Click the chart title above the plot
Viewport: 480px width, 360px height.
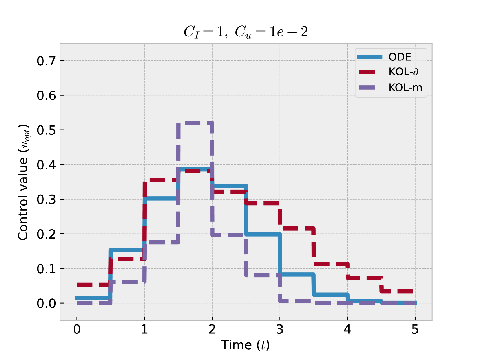[x=245, y=32]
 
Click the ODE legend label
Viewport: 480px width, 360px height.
[x=400, y=57]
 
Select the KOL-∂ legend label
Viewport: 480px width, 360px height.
[x=403, y=72]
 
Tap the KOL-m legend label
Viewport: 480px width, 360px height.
[x=405, y=87]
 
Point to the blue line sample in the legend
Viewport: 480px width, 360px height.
[x=370, y=57]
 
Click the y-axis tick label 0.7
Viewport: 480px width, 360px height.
[x=46, y=61]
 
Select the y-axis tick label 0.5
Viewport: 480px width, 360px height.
[x=46, y=130]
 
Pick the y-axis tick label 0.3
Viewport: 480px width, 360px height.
[x=46, y=200]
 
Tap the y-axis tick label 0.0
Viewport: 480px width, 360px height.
[x=46, y=303]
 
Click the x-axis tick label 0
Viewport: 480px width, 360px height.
[x=77, y=329]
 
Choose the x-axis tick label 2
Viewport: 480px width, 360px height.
[x=212, y=329]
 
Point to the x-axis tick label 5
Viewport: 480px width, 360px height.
[x=415, y=329]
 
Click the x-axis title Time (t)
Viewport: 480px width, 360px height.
[x=245, y=345]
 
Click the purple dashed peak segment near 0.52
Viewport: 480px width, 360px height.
[x=195, y=123]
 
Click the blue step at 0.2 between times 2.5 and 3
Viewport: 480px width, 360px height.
[x=263, y=234]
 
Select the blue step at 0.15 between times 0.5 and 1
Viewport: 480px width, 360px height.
[x=127, y=250]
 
